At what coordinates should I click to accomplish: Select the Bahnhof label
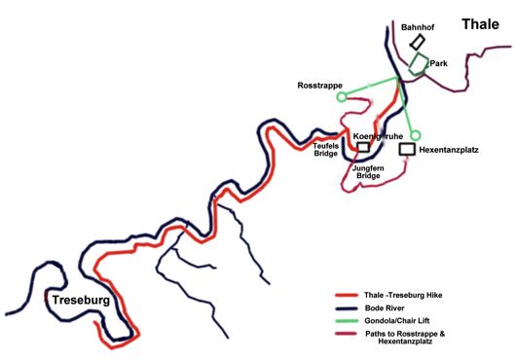[419, 27]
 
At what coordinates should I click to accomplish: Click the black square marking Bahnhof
[418, 43]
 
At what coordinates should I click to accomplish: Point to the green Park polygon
[419, 65]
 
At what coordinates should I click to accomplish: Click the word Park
[438, 63]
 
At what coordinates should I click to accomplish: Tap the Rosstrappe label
[319, 86]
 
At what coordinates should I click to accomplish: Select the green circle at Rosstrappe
[341, 97]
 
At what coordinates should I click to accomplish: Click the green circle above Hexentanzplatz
[415, 135]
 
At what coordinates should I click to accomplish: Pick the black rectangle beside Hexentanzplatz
[407, 151]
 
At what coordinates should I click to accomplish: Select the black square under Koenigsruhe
[363, 148]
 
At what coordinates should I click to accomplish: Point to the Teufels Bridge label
[325, 149]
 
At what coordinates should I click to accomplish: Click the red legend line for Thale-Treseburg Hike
[350, 294]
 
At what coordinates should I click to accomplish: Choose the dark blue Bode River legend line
[350, 307]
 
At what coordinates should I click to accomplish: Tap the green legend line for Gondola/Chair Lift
[350, 320]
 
